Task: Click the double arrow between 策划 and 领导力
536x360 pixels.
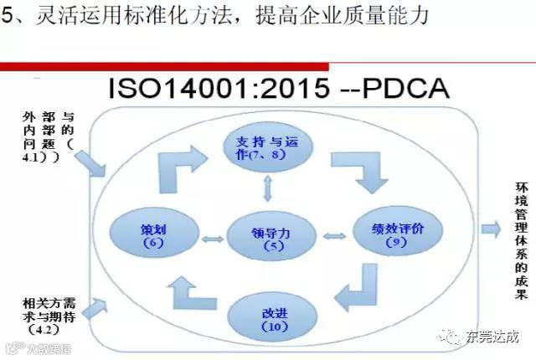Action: pyautogui.click(x=214, y=239)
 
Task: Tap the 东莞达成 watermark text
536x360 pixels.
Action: pyautogui.click(x=494, y=337)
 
